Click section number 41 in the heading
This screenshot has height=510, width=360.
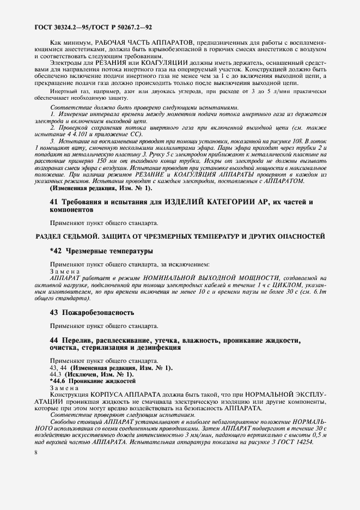[53, 202]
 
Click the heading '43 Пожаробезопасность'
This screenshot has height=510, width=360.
[91, 313]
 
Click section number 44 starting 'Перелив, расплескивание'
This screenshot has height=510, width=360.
[53, 340]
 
